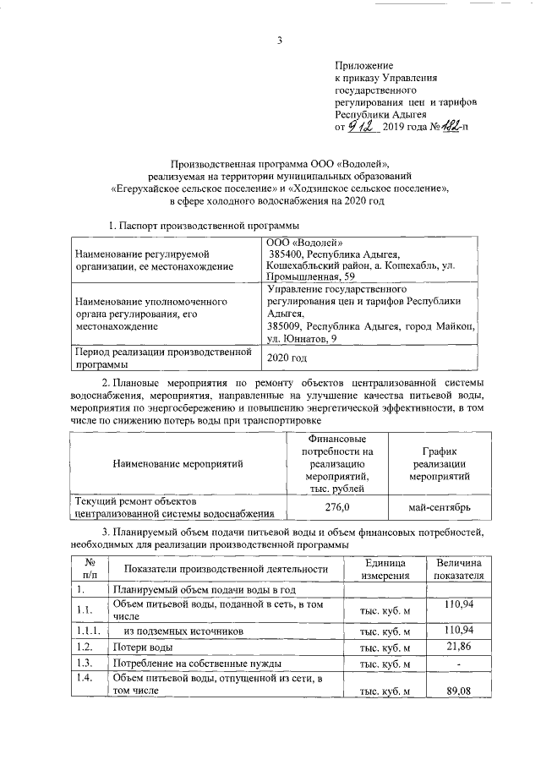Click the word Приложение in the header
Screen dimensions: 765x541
364,64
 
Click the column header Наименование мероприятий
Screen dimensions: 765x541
177,464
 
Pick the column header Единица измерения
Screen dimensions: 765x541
385,568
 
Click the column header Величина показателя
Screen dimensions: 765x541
457,568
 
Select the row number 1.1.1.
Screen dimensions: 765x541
87,631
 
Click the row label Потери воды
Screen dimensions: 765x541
138,648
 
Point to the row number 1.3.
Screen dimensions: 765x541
83,664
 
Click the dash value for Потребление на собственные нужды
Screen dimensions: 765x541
457,664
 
